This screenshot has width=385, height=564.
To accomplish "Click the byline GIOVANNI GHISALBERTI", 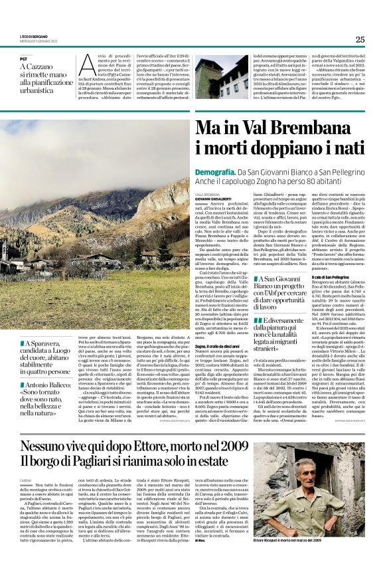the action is [x=214, y=197].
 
